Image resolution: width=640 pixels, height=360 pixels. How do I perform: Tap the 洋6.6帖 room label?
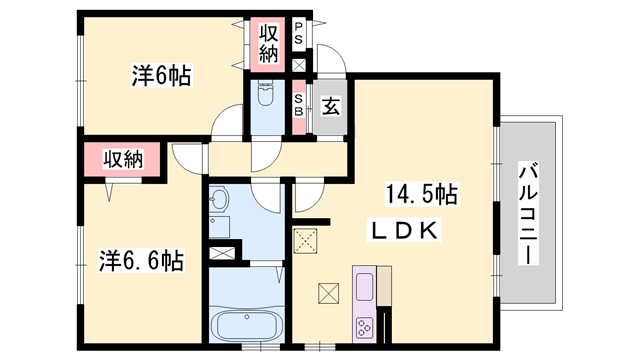pyautogui.click(x=141, y=261)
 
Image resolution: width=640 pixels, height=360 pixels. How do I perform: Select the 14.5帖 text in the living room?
pyautogui.click(x=421, y=194)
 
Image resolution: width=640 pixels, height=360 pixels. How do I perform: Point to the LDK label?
pyautogui.click(x=405, y=230)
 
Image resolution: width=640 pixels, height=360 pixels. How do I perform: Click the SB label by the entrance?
pyautogui.click(x=298, y=105)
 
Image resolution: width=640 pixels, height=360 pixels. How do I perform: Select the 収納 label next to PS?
pyautogui.click(x=269, y=42)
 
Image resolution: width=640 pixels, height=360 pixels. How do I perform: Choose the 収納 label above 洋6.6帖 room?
pyautogui.click(x=121, y=158)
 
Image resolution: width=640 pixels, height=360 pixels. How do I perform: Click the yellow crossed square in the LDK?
pyautogui.click(x=304, y=240)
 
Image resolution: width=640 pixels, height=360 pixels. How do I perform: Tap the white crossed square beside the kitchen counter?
pyautogui.click(x=327, y=293)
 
